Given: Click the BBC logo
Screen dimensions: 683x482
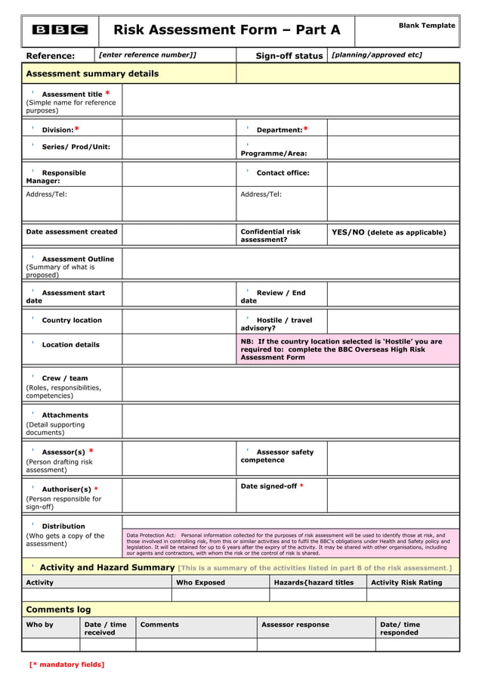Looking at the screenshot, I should click(x=60, y=30).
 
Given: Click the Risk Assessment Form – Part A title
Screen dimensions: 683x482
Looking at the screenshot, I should click(x=227, y=30).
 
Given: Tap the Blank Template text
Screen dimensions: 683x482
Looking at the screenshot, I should click(x=427, y=26).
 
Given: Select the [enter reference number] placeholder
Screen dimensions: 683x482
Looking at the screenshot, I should click(x=148, y=54).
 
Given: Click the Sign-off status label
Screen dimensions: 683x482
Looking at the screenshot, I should click(x=289, y=55).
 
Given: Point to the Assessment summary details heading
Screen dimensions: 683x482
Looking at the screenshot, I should click(x=92, y=73).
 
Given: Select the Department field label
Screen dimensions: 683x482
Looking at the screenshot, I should click(x=282, y=129).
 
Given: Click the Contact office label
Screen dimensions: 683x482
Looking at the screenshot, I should click(x=283, y=172).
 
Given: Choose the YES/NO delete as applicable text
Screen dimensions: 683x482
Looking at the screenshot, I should click(x=388, y=232).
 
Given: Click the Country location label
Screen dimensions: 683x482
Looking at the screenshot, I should click(x=71, y=320).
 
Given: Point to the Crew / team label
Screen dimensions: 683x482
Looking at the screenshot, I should click(x=64, y=378).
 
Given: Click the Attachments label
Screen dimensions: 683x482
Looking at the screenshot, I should click(x=64, y=415).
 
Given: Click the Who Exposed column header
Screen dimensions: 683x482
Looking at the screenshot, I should click(x=200, y=582).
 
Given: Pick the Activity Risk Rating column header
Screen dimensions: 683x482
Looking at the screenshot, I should click(x=406, y=582).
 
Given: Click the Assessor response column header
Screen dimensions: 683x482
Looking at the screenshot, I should click(x=295, y=625).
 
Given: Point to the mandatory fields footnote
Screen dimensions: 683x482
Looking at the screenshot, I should click(x=66, y=664).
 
